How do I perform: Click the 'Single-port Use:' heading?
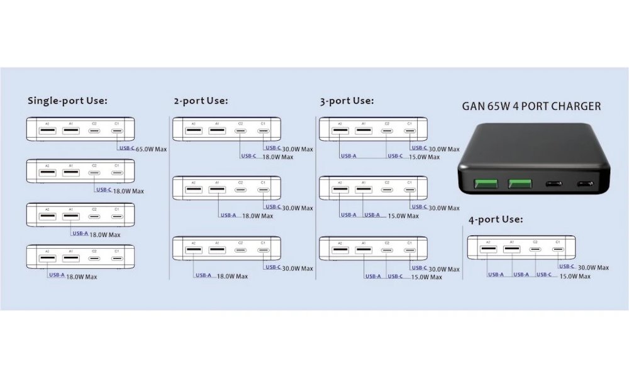67,100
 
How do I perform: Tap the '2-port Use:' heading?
200,100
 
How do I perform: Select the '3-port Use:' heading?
347,100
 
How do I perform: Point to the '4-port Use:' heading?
496,219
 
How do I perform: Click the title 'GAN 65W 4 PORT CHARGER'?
531,106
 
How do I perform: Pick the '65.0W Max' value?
152,149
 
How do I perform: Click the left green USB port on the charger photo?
486,185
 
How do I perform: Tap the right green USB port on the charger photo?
520,185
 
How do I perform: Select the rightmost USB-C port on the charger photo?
584,185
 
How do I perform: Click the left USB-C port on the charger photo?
554,185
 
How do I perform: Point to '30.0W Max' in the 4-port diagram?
593,267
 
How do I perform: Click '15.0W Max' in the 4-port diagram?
575,276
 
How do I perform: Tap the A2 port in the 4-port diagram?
487,250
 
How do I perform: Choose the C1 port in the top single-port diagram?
117,131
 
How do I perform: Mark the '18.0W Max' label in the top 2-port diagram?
278,157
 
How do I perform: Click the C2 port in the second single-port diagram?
94,173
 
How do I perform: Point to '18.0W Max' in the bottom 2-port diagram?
233,276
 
